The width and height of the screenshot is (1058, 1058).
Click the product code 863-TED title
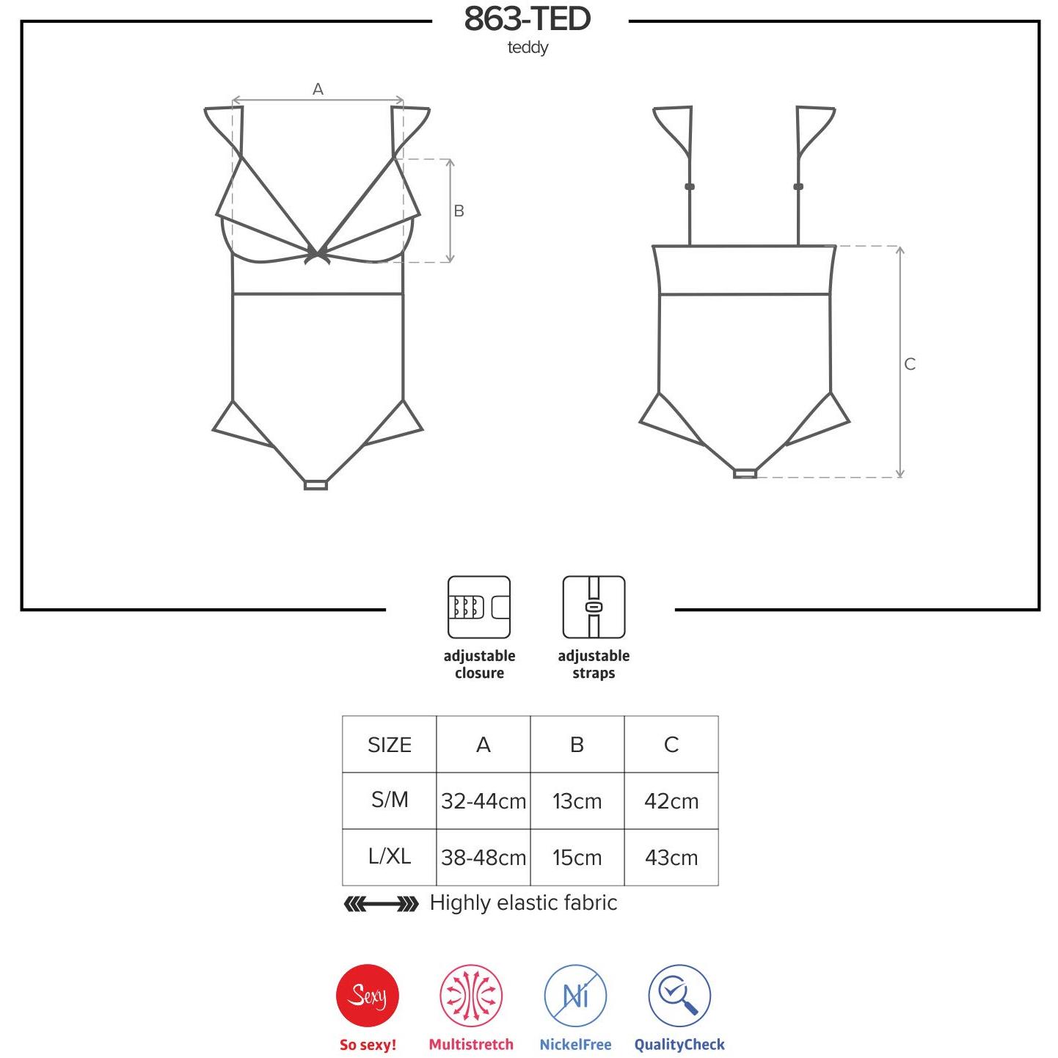(527, 19)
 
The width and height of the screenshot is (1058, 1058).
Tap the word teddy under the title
(528, 48)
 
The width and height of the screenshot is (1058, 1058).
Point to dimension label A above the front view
(318, 89)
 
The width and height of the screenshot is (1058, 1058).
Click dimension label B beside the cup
(459, 211)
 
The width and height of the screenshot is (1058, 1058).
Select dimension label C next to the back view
(910, 364)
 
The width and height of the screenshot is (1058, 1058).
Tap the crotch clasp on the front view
(315, 485)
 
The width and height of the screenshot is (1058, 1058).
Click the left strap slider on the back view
(690, 186)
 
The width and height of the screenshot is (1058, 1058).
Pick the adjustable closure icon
(479, 607)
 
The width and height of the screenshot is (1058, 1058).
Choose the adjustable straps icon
(594, 607)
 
